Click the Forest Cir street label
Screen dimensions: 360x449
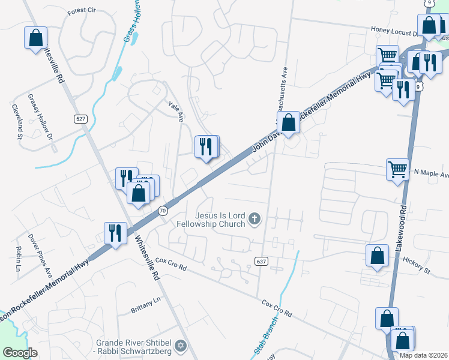pyautogui.click(x=82, y=11)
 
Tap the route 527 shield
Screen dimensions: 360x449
pyautogui.click(x=81, y=119)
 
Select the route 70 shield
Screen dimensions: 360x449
pyautogui.click(x=163, y=211)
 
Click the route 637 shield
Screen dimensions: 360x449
pyautogui.click(x=261, y=261)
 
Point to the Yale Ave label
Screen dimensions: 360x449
pyautogui.click(x=175, y=112)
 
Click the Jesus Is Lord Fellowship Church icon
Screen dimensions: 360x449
pyautogui.click(x=255, y=218)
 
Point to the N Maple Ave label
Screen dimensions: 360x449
pyautogui.click(x=431, y=175)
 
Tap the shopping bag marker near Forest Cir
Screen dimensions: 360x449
pyautogui.click(x=35, y=38)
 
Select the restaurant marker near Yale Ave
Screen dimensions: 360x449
pyautogui.click(x=206, y=146)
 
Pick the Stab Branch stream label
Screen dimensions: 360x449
pyautogui.click(x=265, y=343)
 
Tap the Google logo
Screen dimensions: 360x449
pyautogui.click(x=20, y=353)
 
